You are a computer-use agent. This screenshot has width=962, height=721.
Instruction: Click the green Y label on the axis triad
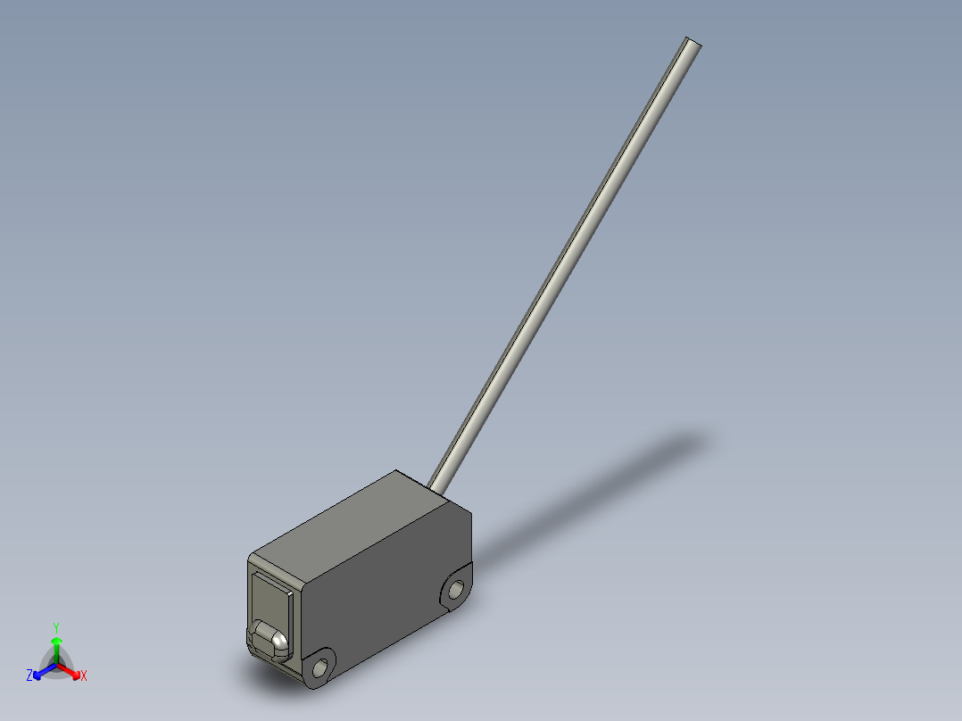point(56,626)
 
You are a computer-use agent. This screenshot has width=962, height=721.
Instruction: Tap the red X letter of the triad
point(83,676)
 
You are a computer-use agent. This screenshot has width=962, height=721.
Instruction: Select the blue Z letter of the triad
point(29,676)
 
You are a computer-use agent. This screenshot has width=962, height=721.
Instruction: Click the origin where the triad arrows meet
point(56,663)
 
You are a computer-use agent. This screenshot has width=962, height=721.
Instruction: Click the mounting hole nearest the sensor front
point(319,668)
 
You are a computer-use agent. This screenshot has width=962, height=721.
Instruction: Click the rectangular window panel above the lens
point(271,598)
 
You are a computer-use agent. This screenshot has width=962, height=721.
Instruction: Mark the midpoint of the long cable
point(564,264)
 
